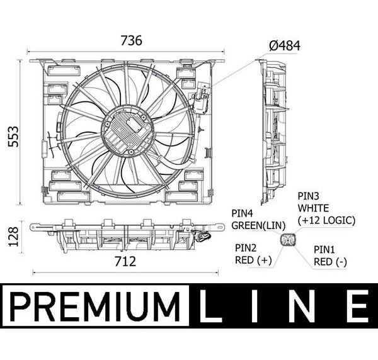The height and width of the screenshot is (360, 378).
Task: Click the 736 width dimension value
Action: (132, 40)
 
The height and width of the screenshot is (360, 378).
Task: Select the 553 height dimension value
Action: (13, 137)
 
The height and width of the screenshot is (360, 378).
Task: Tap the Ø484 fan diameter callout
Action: (285, 45)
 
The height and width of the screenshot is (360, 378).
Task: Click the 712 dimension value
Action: (125, 262)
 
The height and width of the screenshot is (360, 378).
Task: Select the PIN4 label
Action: (242, 213)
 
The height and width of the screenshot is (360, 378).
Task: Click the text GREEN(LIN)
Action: (258, 225)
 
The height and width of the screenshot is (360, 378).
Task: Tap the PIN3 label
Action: (308, 196)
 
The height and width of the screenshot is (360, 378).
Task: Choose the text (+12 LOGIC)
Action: (326, 220)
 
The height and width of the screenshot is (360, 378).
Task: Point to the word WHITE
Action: (313, 208)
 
